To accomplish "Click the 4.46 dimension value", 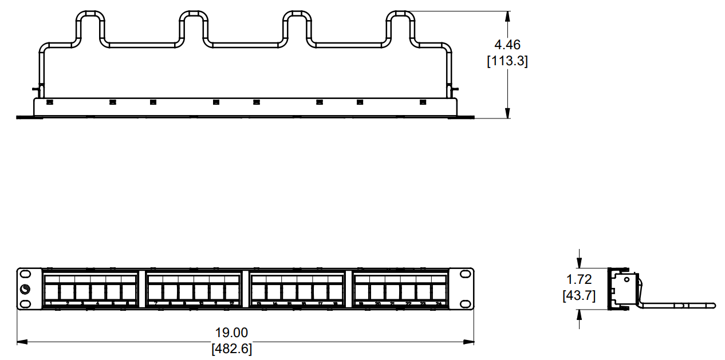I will point(507,45).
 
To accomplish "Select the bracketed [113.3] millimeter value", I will point(507,61).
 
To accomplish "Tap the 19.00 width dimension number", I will point(231,333).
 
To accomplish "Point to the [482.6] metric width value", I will point(231,349).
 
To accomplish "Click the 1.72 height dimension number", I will point(579,280).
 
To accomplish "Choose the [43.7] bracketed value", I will point(579,295).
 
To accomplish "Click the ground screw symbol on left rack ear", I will point(26,290).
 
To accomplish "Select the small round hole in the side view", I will point(627,280).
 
